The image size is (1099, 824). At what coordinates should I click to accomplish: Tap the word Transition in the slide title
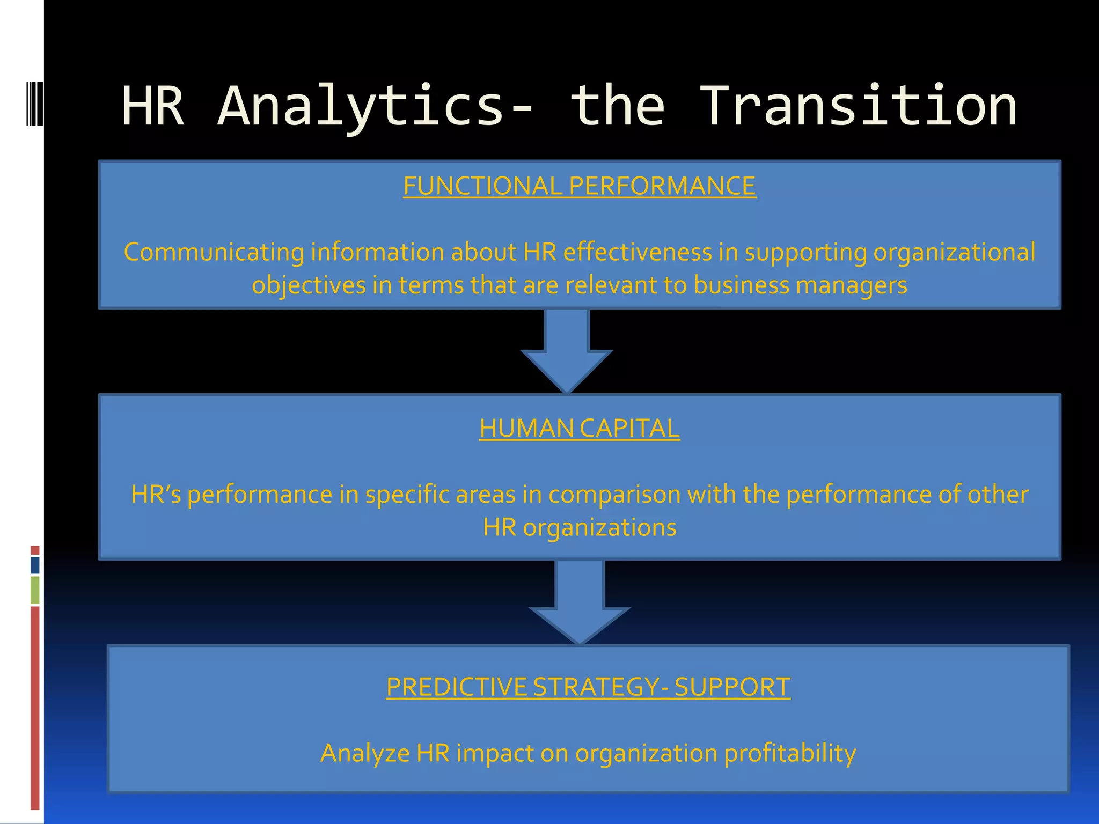click(859, 106)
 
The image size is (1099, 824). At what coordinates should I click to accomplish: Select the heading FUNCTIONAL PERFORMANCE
click(580, 186)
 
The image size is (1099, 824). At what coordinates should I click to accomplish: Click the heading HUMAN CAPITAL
click(580, 428)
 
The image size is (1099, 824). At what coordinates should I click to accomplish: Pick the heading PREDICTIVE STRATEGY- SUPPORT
click(588, 687)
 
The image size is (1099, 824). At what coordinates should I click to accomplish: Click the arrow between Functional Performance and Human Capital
click(567, 349)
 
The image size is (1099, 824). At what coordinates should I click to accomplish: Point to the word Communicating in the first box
click(214, 252)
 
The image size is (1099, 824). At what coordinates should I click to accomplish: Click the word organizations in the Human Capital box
click(599, 527)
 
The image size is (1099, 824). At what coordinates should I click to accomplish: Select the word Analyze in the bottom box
click(365, 753)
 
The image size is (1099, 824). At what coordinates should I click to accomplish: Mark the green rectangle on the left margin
click(35, 590)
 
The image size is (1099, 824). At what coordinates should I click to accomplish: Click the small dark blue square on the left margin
click(35, 565)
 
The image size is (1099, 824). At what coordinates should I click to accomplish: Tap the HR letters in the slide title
click(153, 106)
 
